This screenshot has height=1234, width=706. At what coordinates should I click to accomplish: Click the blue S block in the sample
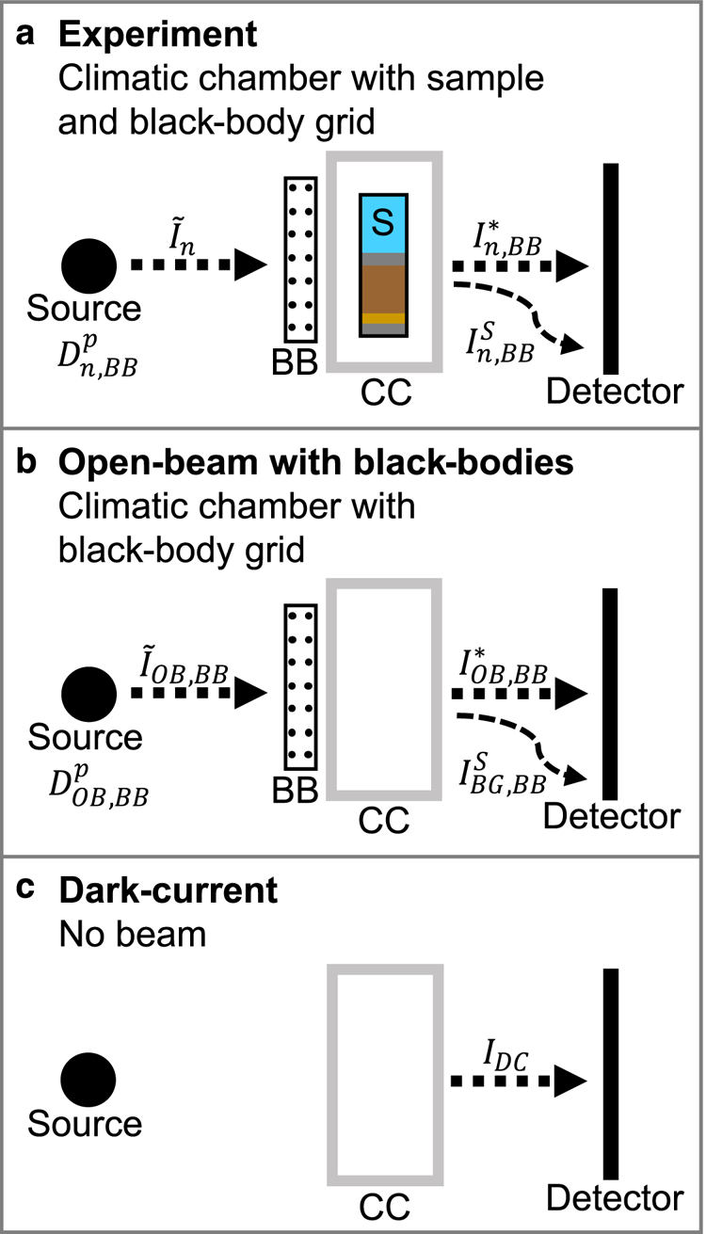[383, 224]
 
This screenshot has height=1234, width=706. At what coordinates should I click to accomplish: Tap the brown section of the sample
[383, 288]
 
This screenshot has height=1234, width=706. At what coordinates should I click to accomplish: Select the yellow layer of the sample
[383, 318]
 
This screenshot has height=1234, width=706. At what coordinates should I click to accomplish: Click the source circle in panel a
[89, 265]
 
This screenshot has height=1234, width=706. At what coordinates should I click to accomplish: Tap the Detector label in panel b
[611, 816]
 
